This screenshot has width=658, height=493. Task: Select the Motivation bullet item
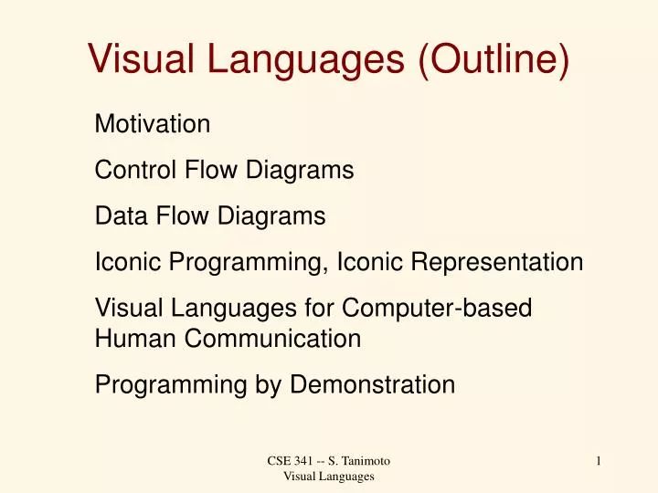click(x=153, y=122)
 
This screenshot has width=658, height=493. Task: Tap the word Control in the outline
click(x=135, y=170)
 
